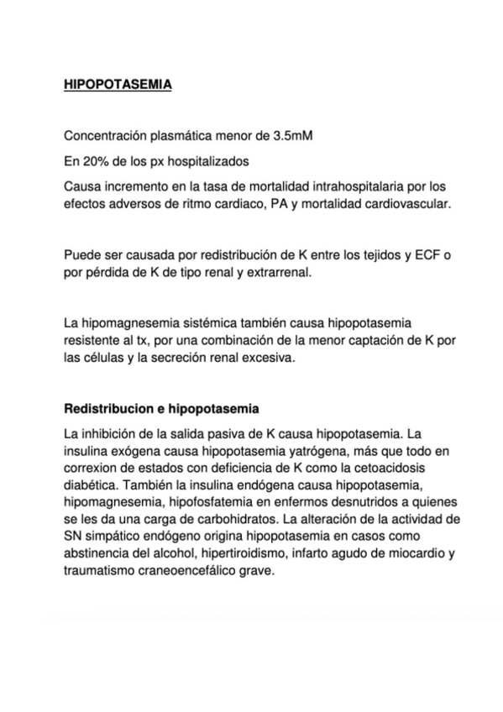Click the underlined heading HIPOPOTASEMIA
118,85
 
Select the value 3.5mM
291,136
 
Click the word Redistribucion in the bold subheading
107,410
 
